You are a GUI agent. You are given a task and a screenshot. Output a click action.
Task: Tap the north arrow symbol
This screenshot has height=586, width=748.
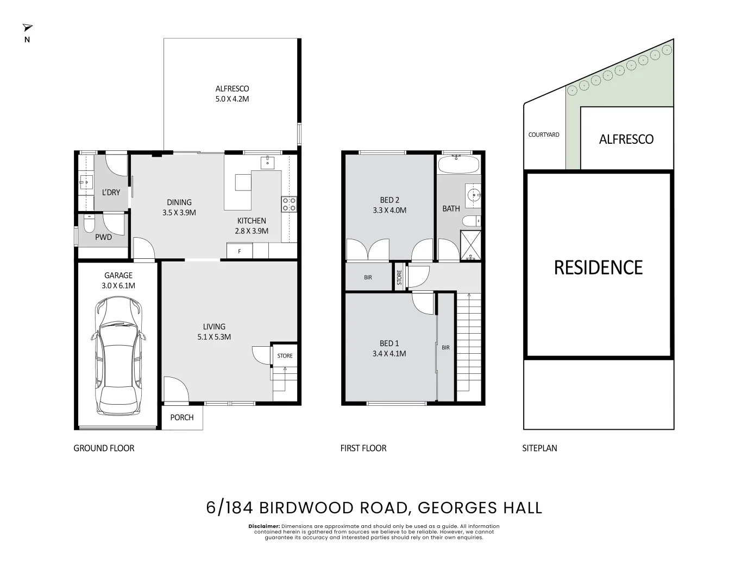(27, 28)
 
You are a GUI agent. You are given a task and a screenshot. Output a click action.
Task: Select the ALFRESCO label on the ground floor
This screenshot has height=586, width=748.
(232, 88)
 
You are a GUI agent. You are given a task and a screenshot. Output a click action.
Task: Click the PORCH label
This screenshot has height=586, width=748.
(181, 417)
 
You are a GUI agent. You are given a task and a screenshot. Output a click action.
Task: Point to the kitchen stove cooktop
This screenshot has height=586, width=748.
(288, 204)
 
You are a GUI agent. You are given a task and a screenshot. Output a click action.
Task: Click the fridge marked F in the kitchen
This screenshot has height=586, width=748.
(240, 251)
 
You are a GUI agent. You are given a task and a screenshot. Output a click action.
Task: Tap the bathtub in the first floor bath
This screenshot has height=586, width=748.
(458, 164)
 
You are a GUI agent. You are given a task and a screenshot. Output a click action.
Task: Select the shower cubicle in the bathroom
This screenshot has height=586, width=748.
(470, 245)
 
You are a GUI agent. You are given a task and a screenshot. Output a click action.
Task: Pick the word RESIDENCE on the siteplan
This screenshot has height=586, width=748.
(598, 267)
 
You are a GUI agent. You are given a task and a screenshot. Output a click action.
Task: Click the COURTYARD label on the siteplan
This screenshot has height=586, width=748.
(543, 135)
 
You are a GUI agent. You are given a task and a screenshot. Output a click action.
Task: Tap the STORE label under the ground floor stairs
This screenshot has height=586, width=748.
(285, 356)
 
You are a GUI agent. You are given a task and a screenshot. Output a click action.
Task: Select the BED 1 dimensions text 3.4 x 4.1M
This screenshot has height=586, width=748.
(389, 353)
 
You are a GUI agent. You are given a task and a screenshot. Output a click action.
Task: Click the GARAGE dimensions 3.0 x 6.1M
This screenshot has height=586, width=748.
(118, 285)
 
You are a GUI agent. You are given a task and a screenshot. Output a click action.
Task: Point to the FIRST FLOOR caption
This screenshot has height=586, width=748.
(363, 448)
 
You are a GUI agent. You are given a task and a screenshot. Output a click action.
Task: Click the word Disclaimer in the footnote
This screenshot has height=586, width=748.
(264, 526)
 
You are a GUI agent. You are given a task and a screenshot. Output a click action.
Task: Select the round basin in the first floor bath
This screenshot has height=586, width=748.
(474, 194)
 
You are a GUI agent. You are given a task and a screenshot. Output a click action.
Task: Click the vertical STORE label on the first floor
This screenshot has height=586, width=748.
(399, 278)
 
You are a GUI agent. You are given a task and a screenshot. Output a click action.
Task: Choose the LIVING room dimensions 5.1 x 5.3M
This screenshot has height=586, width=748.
(214, 336)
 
